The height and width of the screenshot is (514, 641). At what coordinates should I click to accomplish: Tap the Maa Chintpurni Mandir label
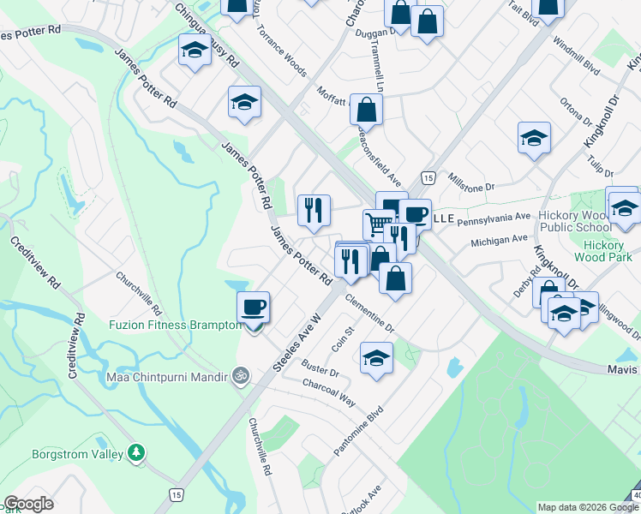167,376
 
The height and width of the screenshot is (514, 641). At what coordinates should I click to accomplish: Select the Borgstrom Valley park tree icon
135,451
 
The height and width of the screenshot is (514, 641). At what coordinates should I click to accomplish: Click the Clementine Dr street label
369,314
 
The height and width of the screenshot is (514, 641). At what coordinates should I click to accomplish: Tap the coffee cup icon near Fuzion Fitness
254,307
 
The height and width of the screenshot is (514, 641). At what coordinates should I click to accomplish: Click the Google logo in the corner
29,504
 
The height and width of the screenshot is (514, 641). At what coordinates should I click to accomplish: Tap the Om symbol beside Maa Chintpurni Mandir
241,375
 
